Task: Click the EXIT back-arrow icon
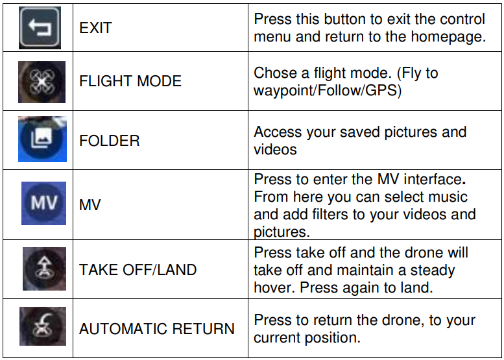40,27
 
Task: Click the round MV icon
44,203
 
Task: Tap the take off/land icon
44,269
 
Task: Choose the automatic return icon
43,328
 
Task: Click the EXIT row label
95,28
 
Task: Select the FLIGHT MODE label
130,82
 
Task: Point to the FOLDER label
109,141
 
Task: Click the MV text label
90,205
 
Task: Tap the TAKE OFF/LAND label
138,270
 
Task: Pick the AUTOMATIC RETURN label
157,329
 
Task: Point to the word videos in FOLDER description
275,149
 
